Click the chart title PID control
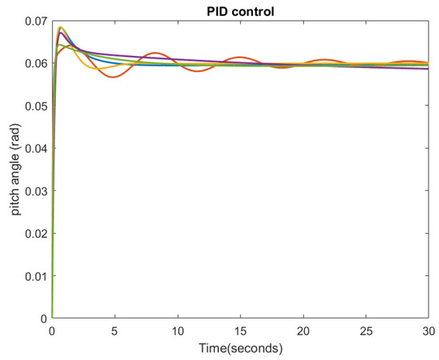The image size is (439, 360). (239, 9)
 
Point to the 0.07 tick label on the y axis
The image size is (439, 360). (35, 19)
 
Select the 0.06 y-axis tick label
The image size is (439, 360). (35, 62)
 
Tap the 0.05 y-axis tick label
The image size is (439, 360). (35, 105)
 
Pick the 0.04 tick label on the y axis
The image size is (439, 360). (35, 148)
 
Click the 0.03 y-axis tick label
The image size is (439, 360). (35, 190)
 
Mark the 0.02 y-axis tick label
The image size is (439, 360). (35, 233)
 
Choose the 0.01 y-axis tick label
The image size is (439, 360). (35, 275)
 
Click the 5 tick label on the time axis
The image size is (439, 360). (114, 330)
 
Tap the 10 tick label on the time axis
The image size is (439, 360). (177, 330)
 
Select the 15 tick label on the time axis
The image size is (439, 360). (240, 330)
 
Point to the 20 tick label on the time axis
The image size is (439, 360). (303, 330)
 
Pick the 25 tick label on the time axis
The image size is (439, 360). (366, 330)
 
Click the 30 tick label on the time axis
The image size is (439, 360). (427, 330)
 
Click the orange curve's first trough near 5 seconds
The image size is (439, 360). (113, 77)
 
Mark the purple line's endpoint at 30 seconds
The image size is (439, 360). (428, 69)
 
